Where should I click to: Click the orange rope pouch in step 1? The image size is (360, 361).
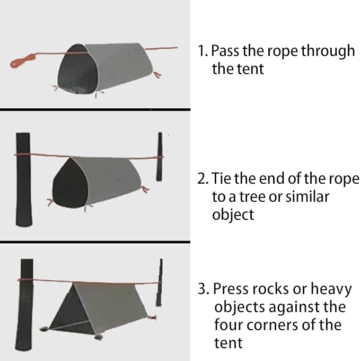tap(22, 61)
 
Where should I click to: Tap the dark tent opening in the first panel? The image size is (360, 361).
tap(78, 70)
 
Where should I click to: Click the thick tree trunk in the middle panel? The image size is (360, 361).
tap(23, 179)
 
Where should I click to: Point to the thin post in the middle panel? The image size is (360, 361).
tap(159, 156)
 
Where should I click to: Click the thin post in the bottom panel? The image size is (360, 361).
tap(159, 282)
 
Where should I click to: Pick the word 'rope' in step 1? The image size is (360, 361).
tap(283, 50)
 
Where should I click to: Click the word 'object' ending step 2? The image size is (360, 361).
tap(233, 214)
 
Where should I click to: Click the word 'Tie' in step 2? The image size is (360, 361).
tap(222, 178)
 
